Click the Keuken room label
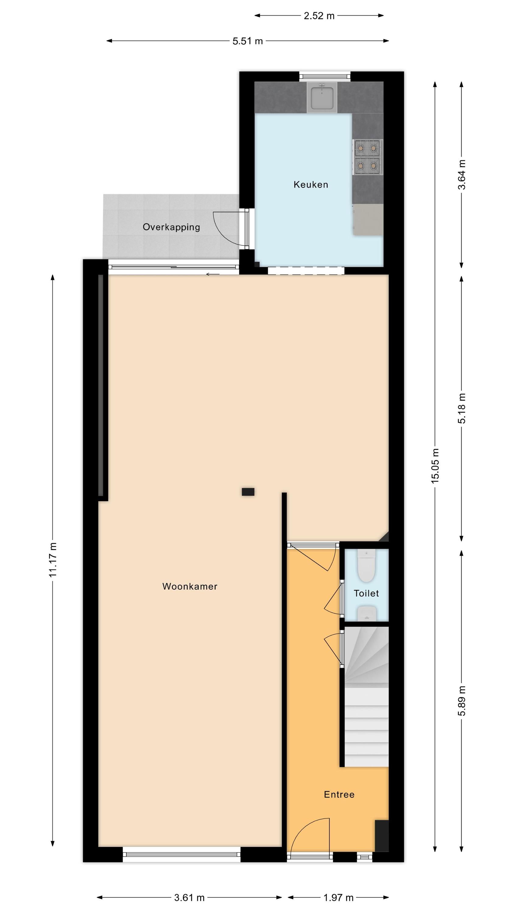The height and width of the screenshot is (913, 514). (x=310, y=184)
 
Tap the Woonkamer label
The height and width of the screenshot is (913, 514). (x=190, y=586)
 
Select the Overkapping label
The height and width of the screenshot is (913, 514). (x=171, y=227)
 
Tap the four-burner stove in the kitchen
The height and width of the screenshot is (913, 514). (x=368, y=157)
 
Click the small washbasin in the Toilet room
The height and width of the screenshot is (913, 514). (x=366, y=613)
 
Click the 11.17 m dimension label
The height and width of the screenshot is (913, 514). (x=53, y=560)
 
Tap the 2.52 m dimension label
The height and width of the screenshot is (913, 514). (x=319, y=16)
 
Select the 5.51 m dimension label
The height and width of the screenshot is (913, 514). (x=248, y=41)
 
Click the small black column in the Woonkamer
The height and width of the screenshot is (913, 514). (x=248, y=492)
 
